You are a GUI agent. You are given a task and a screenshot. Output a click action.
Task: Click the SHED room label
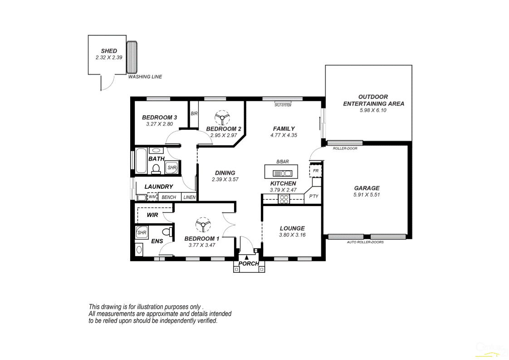tap(109, 51)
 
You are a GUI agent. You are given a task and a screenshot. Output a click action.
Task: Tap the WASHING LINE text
tap(145, 77)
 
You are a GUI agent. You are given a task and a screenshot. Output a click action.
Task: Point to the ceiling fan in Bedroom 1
tap(202, 225)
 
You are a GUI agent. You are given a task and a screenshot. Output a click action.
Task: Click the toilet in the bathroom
tap(156, 169)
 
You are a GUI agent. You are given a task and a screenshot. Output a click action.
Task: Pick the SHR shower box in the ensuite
tap(142, 233)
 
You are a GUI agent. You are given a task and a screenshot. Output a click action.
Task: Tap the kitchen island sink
tap(282, 173)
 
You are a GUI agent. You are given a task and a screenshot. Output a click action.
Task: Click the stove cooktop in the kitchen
tap(284, 199)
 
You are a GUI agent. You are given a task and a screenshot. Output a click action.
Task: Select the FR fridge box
tap(316, 171)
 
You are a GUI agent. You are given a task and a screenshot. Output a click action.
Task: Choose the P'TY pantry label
tap(313, 197)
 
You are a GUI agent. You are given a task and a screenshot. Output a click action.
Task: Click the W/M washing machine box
tap(152, 197)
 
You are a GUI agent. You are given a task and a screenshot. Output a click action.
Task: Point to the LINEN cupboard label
tap(190, 197)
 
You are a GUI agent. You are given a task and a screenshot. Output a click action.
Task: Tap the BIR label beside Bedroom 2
tap(194, 113)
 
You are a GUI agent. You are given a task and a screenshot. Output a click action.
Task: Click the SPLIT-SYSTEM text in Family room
tap(283, 105)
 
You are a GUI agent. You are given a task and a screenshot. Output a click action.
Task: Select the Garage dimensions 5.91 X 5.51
tap(366, 195)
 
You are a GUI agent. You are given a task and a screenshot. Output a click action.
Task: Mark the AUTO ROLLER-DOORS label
tap(365, 242)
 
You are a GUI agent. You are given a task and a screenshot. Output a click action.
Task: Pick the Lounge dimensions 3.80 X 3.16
tap(292, 235)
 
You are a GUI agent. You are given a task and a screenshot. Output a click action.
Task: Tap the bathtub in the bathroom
tap(141, 161)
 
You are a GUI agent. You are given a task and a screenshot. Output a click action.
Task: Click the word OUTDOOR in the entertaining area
tap(373, 97)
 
